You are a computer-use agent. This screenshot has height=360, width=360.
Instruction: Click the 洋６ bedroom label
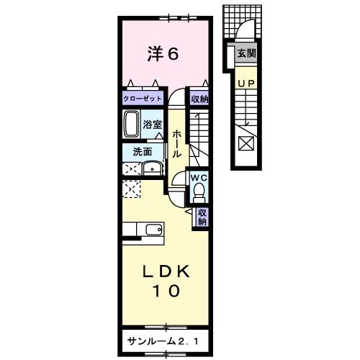click(x=163, y=54)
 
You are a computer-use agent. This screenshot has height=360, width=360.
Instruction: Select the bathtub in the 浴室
click(x=131, y=124)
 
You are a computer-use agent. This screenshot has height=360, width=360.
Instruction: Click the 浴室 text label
click(x=152, y=124)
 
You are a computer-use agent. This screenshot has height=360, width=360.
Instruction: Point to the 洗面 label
click(x=142, y=151)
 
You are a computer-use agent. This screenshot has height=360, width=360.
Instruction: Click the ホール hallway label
click(x=176, y=143)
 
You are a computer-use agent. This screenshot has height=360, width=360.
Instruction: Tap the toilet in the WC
click(x=199, y=190)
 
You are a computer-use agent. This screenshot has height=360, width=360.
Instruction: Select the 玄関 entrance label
click(x=247, y=53)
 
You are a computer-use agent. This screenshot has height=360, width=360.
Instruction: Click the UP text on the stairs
click(x=246, y=83)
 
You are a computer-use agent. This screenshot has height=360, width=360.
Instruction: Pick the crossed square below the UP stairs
click(x=246, y=143)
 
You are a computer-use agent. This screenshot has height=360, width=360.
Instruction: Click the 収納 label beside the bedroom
click(x=199, y=99)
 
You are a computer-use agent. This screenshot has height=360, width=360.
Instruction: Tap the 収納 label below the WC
click(x=203, y=217)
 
